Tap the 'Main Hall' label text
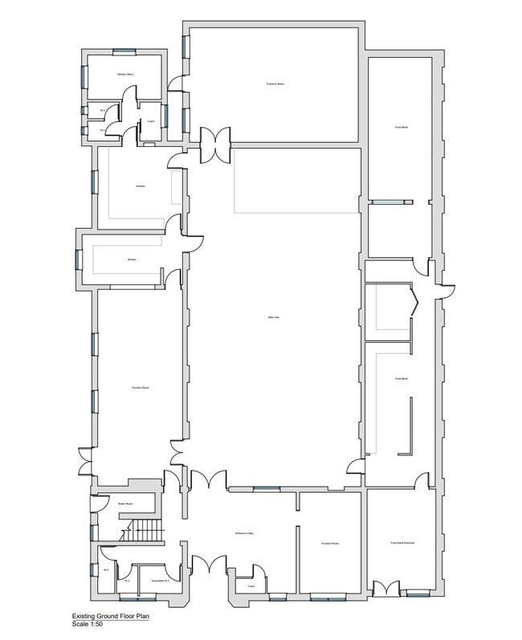273,317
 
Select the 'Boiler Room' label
124,504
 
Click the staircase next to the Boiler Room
145,531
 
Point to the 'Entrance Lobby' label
246,533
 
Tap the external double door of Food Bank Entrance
385,589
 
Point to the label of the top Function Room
276,84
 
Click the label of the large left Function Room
141,388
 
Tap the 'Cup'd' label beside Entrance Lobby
251,586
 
